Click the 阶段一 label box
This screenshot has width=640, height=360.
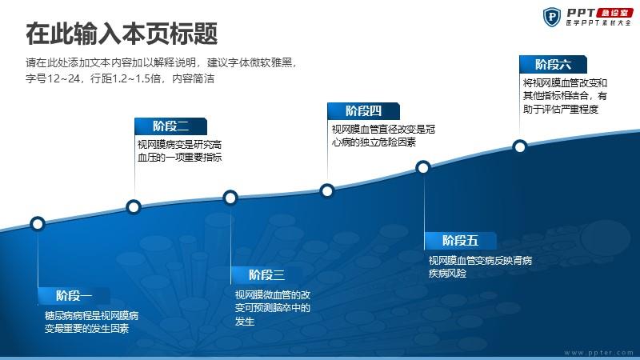coord(74,295)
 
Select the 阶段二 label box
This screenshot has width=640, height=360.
coord(170,126)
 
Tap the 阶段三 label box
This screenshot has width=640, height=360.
coord(267,275)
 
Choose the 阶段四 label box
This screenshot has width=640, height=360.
coord(363,111)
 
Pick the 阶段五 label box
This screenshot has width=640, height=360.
coord(461,241)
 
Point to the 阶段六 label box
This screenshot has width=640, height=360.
coord(553,65)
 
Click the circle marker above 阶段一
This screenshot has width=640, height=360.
coord(38,224)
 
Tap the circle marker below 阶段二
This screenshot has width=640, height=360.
coord(134,207)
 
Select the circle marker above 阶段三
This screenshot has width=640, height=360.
coord(230,198)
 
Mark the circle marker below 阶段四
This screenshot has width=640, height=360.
coord(327,190)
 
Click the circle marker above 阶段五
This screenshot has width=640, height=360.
coord(423,167)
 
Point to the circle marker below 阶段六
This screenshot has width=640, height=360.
coord(519,146)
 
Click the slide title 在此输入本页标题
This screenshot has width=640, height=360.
coord(122,34)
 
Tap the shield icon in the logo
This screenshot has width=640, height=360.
coord(552,17)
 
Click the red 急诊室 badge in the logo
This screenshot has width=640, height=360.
coord(614,13)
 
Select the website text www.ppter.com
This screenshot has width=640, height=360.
coord(598,352)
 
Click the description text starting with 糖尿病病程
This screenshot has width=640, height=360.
coord(91,322)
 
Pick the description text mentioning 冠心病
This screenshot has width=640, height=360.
coord(383,136)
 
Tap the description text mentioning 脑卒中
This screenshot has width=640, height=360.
coord(272,308)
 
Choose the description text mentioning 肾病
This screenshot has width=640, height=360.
coord(480,266)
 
